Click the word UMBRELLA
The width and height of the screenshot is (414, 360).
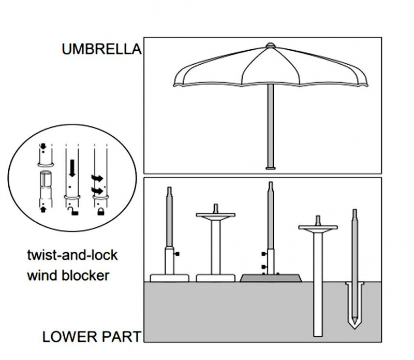[x=101, y=49]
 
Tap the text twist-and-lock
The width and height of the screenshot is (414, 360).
[x=72, y=255]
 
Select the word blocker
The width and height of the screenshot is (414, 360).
[x=85, y=276]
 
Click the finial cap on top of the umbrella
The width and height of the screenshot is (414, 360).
[x=270, y=46]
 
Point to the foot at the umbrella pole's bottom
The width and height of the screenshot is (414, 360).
[x=270, y=168]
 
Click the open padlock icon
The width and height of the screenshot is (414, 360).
[x=74, y=211]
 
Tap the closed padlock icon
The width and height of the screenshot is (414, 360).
[x=100, y=211]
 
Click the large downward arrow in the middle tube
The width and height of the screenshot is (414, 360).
[x=72, y=168]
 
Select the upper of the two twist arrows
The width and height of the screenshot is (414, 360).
[x=97, y=178]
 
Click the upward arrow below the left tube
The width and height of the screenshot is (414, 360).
[x=43, y=210]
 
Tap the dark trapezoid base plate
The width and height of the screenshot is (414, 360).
[x=271, y=278]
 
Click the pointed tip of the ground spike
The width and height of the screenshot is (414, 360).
[x=354, y=328]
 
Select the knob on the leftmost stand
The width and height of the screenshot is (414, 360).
[x=177, y=254]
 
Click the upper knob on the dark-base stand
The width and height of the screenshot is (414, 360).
[x=264, y=254]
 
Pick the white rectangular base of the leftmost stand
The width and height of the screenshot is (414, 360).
[x=170, y=278]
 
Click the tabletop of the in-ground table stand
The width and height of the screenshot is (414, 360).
[x=318, y=227]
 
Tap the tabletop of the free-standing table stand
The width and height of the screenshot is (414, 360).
[x=215, y=215]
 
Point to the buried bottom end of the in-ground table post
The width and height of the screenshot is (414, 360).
[x=318, y=336]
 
